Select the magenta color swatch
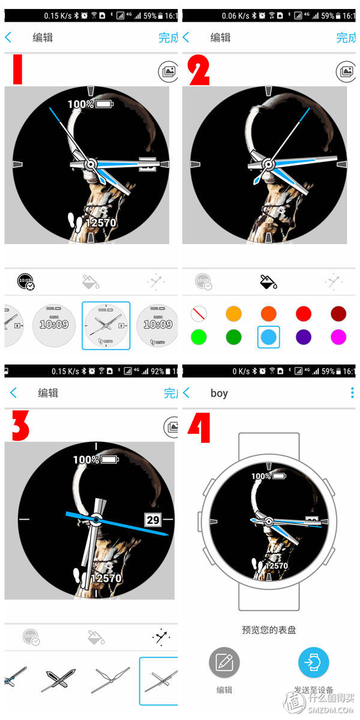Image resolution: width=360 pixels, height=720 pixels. [x=338, y=337]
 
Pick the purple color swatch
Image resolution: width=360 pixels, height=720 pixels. [x=304, y=337]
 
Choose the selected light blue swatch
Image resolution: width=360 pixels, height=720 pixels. [x=268, y=337]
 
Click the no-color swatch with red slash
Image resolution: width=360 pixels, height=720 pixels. [x=199, y=314]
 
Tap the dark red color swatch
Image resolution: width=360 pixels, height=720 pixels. [x=338, y=314]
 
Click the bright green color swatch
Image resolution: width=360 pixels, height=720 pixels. [x=199, y=337]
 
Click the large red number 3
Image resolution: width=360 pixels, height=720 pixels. [x=20, y=427]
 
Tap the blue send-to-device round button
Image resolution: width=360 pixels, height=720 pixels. [x=313, y=663]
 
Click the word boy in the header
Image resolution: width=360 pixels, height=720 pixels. [x=219, y=394]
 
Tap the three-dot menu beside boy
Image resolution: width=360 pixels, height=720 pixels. [x=352, y=393]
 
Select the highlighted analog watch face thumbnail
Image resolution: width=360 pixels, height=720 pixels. [x=105, y=325]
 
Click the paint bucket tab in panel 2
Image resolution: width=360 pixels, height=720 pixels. [x=268, y=281]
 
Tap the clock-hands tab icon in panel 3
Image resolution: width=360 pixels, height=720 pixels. [x=161, y=637]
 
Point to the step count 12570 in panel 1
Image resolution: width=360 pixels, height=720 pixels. [x=100, y=223]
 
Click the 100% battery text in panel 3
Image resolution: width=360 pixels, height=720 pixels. [x=86, y=460]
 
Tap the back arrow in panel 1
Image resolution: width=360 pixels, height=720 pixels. [x=8, y=37]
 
